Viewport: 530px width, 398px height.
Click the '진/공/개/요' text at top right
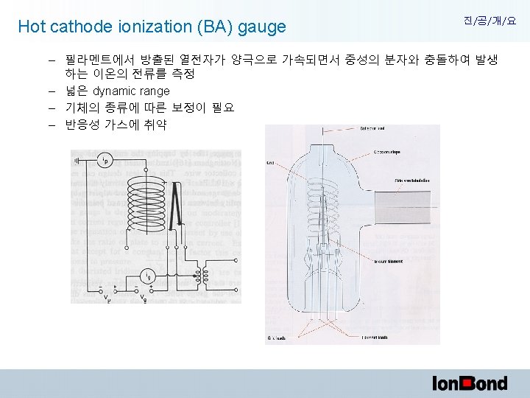(490, 21)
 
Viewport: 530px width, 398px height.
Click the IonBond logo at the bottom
(470, 383)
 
